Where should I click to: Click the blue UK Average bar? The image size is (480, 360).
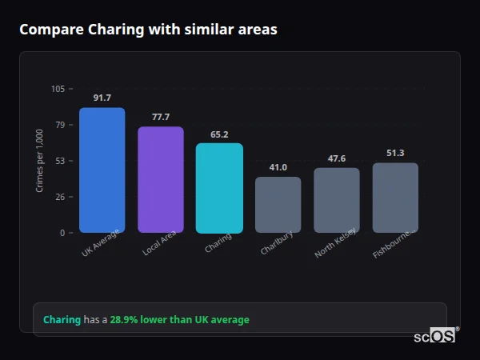[x=102, y=170]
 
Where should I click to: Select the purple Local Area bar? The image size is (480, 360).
[x=161, y=180]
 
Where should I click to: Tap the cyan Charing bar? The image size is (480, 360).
[x=219, y=188]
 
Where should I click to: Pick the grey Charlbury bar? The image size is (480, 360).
[x=278, y=205]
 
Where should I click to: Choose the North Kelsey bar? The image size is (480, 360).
[x=337, y=200]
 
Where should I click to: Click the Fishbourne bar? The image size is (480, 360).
[x=395, y=198]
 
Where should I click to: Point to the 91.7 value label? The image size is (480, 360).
[x=102, y=98]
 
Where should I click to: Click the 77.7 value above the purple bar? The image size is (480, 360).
[x=161, y=118]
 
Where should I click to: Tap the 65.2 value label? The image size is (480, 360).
[x=219, y=134]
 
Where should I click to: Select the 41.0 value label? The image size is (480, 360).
[x=278, y=168]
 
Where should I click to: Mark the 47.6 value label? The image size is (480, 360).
[x=337, y=158]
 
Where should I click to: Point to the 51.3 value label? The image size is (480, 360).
[x=395, y=154]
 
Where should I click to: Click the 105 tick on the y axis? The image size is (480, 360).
[x=58, y=89]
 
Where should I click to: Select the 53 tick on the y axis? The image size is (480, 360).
[x=60, y=161]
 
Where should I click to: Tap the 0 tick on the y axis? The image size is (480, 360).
[x=62, y=233]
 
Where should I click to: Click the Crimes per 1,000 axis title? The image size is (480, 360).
[x=40, y=161]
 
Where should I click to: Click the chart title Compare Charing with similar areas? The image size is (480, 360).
[x=149, y=30]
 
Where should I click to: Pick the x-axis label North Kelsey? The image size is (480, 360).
[x=336, y=243]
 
